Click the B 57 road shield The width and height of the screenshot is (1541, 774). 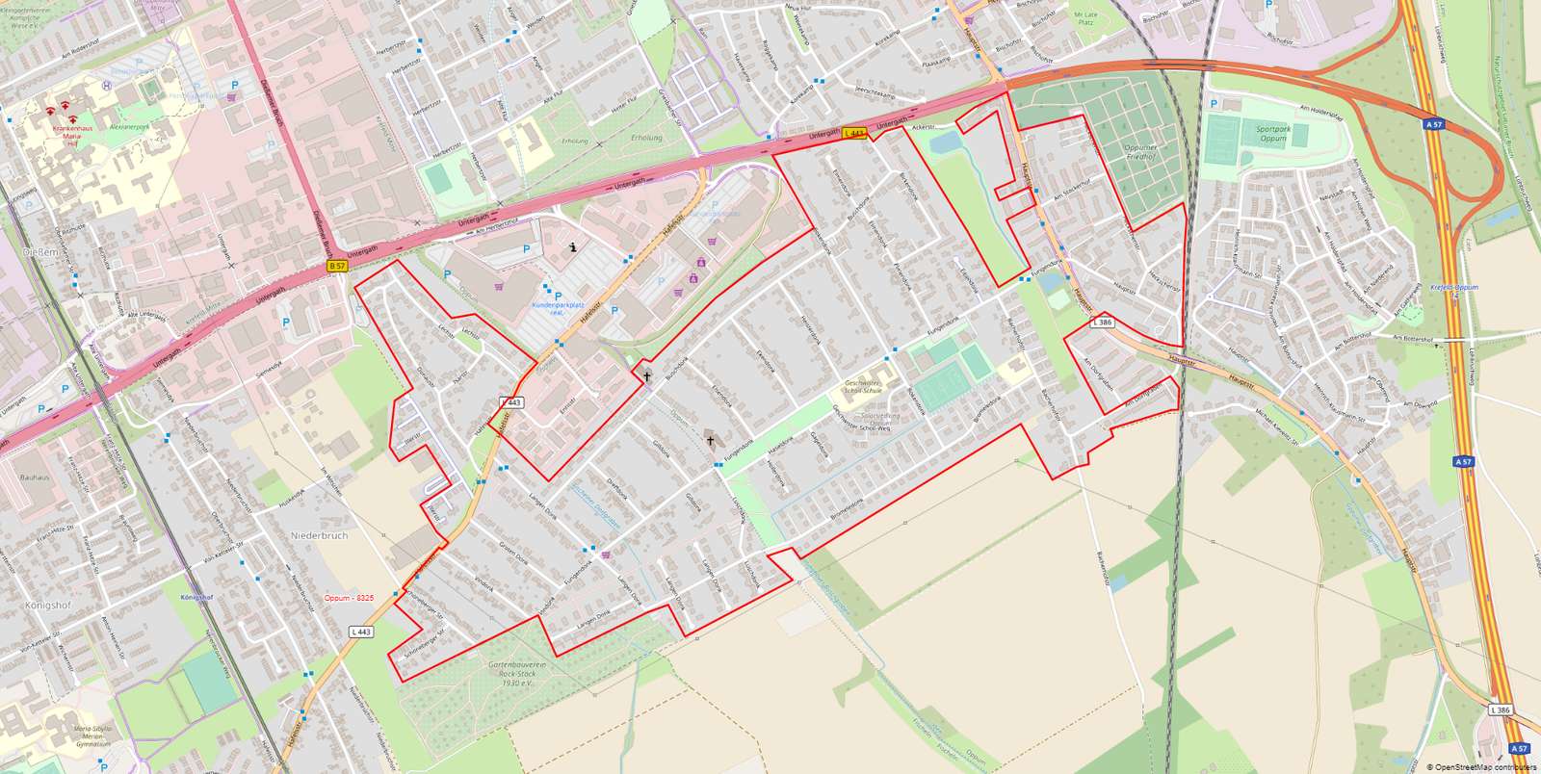336,266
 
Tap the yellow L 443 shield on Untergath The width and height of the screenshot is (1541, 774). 854,134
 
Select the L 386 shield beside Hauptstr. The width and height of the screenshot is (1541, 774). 1102,322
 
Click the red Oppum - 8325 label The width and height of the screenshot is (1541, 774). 349,598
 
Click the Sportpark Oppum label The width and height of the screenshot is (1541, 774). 1273,134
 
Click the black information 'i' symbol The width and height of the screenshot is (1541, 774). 574,246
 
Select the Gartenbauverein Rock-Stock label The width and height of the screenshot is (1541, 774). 511,673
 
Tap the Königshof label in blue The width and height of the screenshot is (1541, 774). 196,597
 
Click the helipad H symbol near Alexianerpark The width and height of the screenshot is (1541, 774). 107,84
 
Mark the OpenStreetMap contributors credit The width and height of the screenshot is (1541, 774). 1482,767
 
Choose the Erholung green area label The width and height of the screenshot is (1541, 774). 645,138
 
